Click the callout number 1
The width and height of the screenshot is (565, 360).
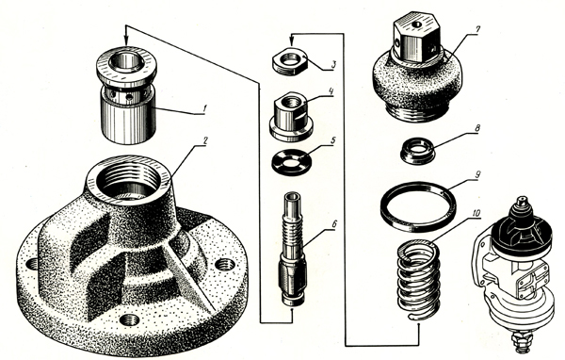204,107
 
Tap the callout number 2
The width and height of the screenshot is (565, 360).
204,140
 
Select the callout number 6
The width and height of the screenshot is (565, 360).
334,223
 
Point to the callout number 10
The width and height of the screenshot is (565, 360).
476,214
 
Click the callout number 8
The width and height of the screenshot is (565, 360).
477,128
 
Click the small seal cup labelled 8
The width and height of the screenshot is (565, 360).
418,153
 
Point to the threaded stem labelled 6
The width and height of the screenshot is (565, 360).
293,249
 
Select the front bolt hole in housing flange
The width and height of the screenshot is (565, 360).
129,320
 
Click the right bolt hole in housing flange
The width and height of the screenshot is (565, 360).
225,265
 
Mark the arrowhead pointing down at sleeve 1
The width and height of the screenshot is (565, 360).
126,41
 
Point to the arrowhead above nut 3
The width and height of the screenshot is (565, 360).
292,42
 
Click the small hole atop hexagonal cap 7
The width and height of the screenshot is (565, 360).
417,25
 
